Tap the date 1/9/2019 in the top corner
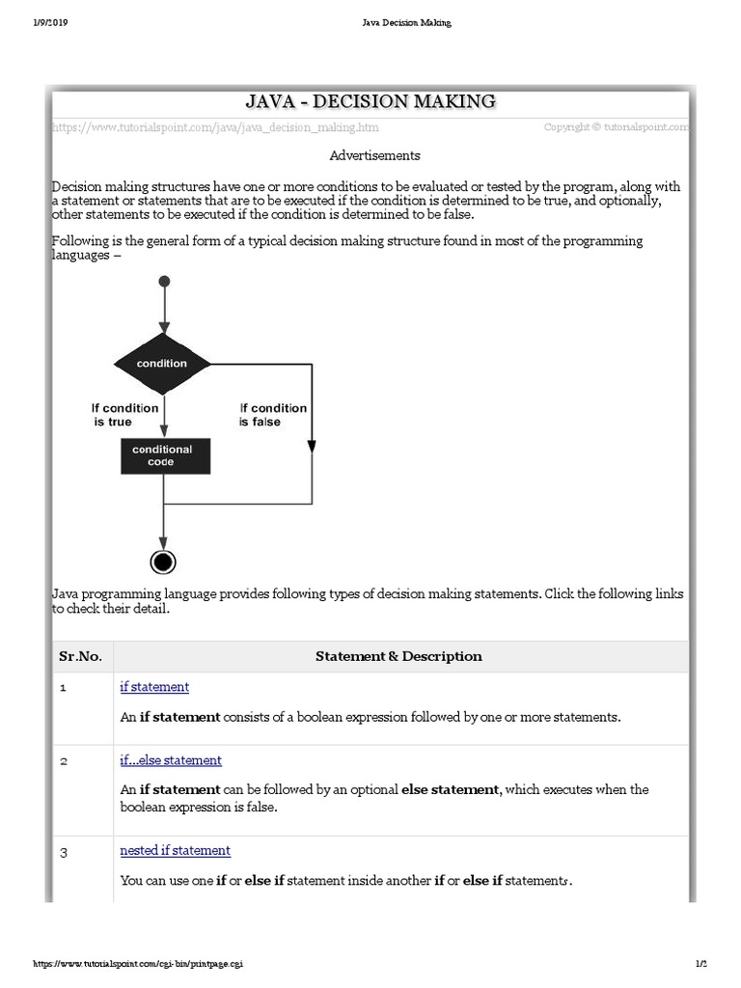click(49, 22)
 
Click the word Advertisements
click(374, 154)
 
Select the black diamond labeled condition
click(162, 364)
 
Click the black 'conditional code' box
click(162, 455)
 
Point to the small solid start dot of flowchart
click(164, 281)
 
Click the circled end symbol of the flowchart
click(163, 562)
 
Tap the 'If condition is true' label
click(124, 415)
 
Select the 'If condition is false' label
click(273, 415)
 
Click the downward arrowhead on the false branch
click(312, 445)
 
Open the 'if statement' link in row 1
click(154, 687)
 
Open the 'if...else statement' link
click(171, 760)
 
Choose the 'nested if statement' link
click(175, 850)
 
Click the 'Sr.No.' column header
click(80, 656)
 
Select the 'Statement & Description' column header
click(398, 656)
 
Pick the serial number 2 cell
click(64, 761)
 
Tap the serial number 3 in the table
click(64, 851)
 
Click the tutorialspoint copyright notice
click(616, 126)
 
